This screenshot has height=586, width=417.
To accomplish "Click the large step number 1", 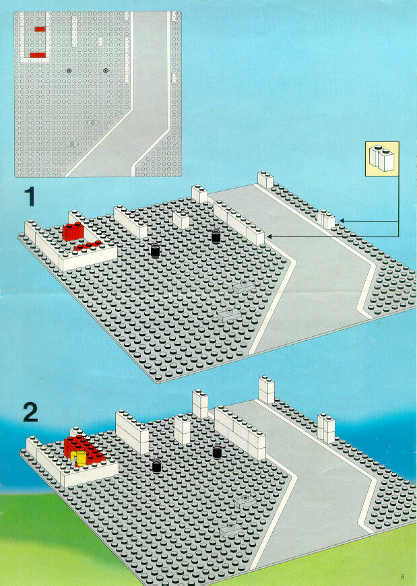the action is (x=30, y=197).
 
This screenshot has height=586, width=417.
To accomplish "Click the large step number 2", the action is (x=30, y=412).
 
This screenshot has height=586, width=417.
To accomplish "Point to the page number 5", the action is (x=402, y=576).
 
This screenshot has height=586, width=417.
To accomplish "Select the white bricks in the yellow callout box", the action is (x=382, y=158).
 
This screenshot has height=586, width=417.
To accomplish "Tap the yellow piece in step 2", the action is (x=79, y=458).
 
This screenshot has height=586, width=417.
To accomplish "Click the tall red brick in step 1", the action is (x=73, y=231).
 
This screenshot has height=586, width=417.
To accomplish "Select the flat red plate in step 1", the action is (x=88, y=246).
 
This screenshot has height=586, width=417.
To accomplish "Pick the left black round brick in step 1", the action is (x=156, y=250).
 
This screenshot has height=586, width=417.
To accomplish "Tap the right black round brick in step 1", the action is (x=216, y=236).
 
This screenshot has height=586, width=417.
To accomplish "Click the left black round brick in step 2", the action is (x=156, y=466).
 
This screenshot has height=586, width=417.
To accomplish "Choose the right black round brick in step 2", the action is (x=217, y=451).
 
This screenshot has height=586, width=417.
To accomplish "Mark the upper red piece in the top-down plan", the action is (x=40, y=29).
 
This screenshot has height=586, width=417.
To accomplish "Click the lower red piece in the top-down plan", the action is (x=37, y=55).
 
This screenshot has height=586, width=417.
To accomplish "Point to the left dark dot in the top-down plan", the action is (x=69, y=71).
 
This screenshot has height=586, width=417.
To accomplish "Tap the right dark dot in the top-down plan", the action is (x=106, y=71).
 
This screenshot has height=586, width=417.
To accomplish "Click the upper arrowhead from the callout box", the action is (x=342, y=221).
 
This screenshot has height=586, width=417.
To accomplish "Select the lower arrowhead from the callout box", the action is (x=269, y=236).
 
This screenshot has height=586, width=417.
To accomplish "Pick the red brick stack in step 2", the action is (x=84, y=449).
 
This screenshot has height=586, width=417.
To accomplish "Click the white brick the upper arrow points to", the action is (x=326, y=220).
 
